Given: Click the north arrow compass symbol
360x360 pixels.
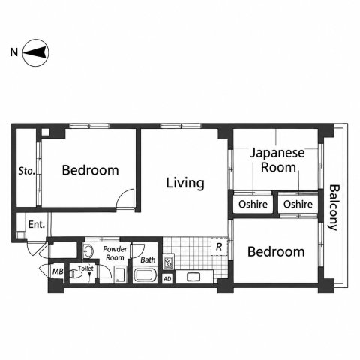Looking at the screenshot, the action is pos(35,52).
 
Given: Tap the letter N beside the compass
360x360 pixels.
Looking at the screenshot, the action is pos(14,52).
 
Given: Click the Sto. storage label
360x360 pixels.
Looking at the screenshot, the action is pos(26,171).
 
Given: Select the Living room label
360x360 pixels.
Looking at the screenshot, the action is pos(185,184).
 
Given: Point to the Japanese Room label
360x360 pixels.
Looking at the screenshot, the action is pos(277,160).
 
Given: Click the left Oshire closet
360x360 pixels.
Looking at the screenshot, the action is pos(253,204).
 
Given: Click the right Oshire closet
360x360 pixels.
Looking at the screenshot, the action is pos(298,204).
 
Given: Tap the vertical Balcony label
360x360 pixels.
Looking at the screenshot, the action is pos(334,208).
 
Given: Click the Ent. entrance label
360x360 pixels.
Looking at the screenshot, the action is pos(37,224).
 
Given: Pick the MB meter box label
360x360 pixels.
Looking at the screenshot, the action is pos(58,271).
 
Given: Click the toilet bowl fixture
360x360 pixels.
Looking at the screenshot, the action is pos(76,274).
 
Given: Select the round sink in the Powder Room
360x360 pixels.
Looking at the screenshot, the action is pos(88,250).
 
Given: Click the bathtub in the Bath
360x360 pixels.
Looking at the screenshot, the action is pos(145,275).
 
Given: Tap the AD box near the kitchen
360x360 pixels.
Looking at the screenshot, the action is pos(167,278).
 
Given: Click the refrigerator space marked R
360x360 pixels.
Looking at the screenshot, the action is pos(219,247).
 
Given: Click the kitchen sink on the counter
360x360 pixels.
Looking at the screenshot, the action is pos(193,277).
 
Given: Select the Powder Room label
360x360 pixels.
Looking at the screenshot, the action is pos(115,253).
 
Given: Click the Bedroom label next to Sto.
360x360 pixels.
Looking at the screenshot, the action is pos(90,170).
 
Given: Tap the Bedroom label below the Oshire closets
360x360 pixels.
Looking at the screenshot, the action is pos(276,252).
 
